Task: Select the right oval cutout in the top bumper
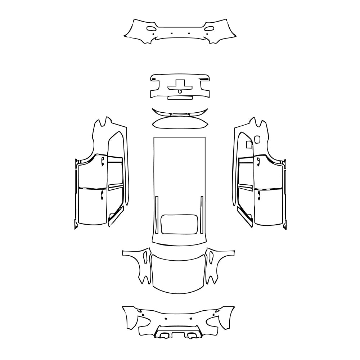[x=208, y=28]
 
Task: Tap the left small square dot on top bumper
[x=172, y=33]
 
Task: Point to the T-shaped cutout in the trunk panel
[x=180, y=84]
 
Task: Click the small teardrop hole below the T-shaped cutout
[x=180, y=91]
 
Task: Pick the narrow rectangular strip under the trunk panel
[x=180, y=97]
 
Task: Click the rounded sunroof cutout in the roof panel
[x=180, y=223]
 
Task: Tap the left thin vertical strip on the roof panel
[x=157, y=214]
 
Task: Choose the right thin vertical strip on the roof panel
[x=202, y=214]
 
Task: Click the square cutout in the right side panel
[x=248, y=145]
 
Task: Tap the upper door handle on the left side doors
[x=103, y=160]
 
